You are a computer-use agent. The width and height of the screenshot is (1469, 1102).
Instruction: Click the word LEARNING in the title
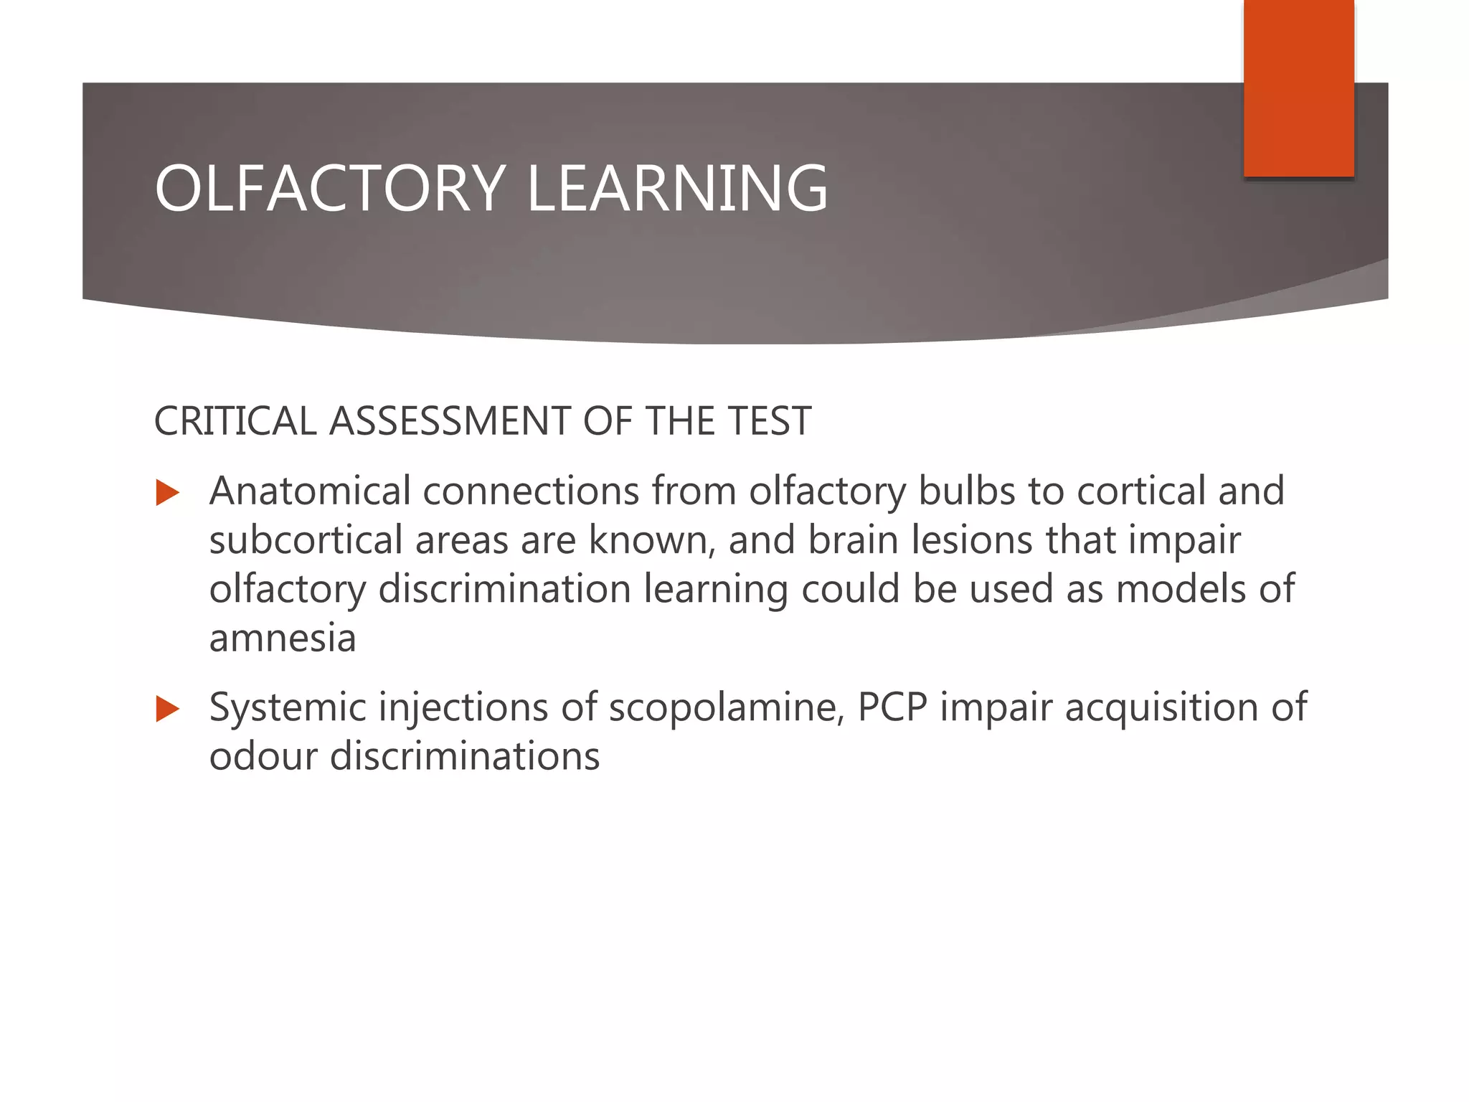tap(677, 188)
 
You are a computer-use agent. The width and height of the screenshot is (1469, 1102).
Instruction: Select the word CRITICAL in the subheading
tap(235, 421)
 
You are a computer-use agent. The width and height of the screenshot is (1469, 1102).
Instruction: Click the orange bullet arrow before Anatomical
tap(167, 493)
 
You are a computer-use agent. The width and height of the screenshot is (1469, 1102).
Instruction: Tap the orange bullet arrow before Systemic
tap(167, 709)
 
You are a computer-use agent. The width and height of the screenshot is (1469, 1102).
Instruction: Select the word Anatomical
tap(309, 491)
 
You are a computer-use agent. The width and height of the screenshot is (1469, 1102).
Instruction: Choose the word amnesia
tap(283, 639)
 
